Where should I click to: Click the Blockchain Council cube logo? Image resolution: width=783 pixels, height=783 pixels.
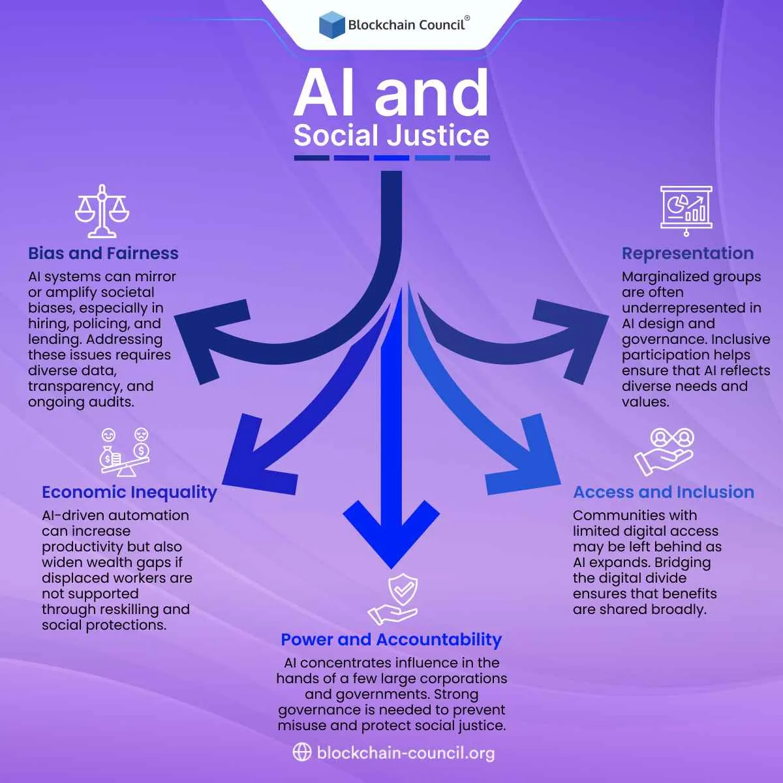pyautogui.click(x=331, y=24)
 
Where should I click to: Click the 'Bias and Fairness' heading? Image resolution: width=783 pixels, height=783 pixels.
pyautogui.click(x=103, y=253)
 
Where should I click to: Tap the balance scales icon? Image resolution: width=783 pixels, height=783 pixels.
pyautogui.click(x=102, y=211)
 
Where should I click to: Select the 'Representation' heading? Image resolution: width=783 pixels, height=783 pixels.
pyautogui.click(x=687, y=253)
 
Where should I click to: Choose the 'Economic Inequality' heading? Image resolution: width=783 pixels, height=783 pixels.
pyautogui.click(x=129, y=492)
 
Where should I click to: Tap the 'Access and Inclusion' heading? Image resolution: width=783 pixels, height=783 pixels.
pyautogui.click(x=663, y=492)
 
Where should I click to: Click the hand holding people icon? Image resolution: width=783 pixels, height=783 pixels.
pyautogui.click(x=664, y=452)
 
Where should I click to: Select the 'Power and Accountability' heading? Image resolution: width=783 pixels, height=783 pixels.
pyautogui.click(x=391, y=639)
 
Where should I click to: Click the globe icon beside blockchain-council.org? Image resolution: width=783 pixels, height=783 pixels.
pyautogui.click(x=301, y=752)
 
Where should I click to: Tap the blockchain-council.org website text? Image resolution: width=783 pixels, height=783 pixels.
pyautogui.click(x=405, y=753)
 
